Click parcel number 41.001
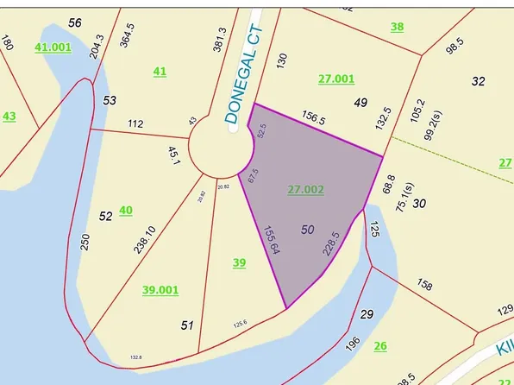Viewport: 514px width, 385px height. pos(53,47)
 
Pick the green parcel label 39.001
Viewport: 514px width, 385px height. pos(160,290)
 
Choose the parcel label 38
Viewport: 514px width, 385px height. pos(397,27)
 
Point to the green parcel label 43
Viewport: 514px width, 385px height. pos(9,116)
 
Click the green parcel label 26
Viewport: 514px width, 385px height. pos(380,346)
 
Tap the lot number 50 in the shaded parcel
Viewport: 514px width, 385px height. pos(308,230)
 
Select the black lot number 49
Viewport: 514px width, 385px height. pos(361,103)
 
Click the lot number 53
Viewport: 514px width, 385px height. pos(110,101)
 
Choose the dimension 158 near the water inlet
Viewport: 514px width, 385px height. pos(423,284)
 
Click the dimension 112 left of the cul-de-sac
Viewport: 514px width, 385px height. pos(135,124)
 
